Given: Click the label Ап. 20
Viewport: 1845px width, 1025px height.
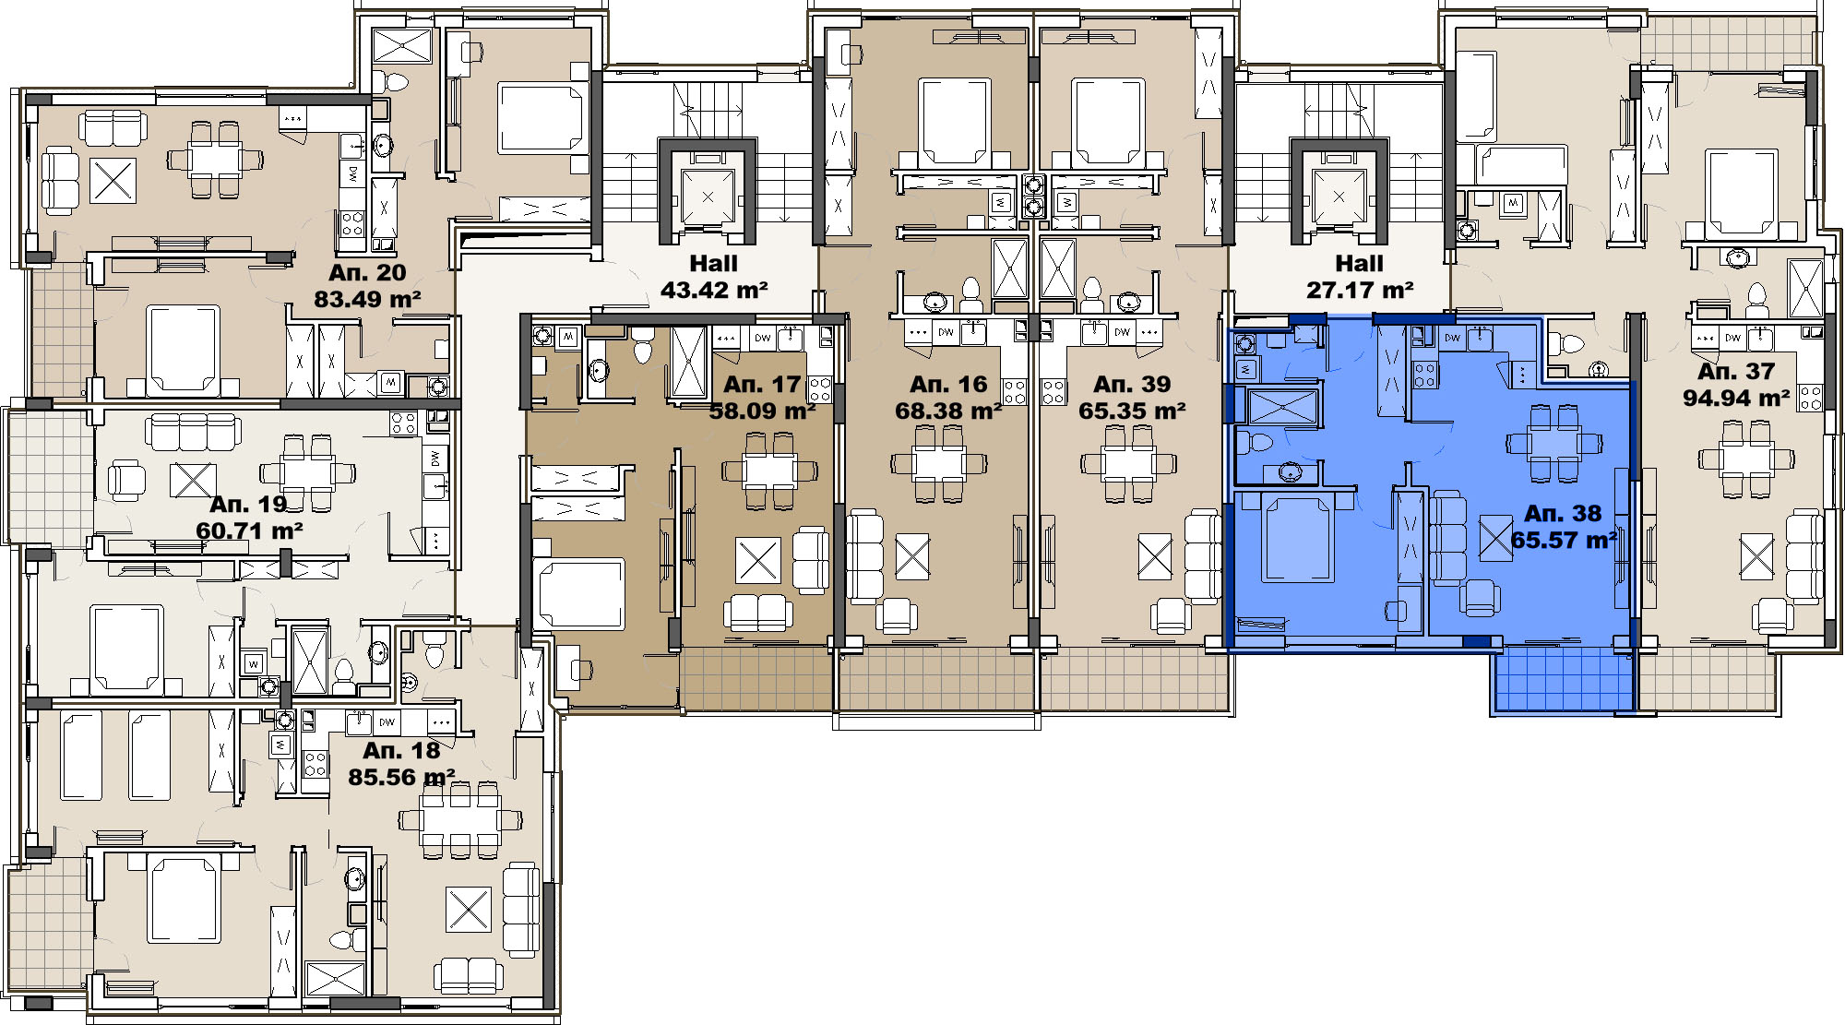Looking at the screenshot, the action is point(367,272).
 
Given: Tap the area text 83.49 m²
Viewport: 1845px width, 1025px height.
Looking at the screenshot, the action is point(367,299).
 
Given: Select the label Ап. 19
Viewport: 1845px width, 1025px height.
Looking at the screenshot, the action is point(248,504).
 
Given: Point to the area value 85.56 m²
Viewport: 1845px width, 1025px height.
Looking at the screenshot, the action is point(401,777).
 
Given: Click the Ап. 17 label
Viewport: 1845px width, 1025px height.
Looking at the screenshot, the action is point(762,384).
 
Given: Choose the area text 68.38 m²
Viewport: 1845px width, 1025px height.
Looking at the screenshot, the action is point(948,411).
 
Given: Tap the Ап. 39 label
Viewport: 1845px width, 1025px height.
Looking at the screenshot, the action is point(1132,384).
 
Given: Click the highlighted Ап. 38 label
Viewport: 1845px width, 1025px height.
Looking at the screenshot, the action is point(1563,513).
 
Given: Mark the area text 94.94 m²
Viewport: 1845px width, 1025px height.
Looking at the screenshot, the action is point(1736,398).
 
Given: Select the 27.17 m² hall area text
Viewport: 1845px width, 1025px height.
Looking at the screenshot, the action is point(1360,290).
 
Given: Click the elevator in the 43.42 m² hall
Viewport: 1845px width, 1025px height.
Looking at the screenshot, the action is point(708,197).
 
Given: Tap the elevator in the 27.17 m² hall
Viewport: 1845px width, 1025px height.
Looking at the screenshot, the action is point(1339,197).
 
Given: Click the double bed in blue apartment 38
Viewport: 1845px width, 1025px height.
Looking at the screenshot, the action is point(1300,536).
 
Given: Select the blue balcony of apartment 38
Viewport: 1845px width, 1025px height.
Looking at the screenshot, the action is point(1562,681).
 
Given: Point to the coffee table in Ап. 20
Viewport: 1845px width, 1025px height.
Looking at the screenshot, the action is point(113,180).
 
